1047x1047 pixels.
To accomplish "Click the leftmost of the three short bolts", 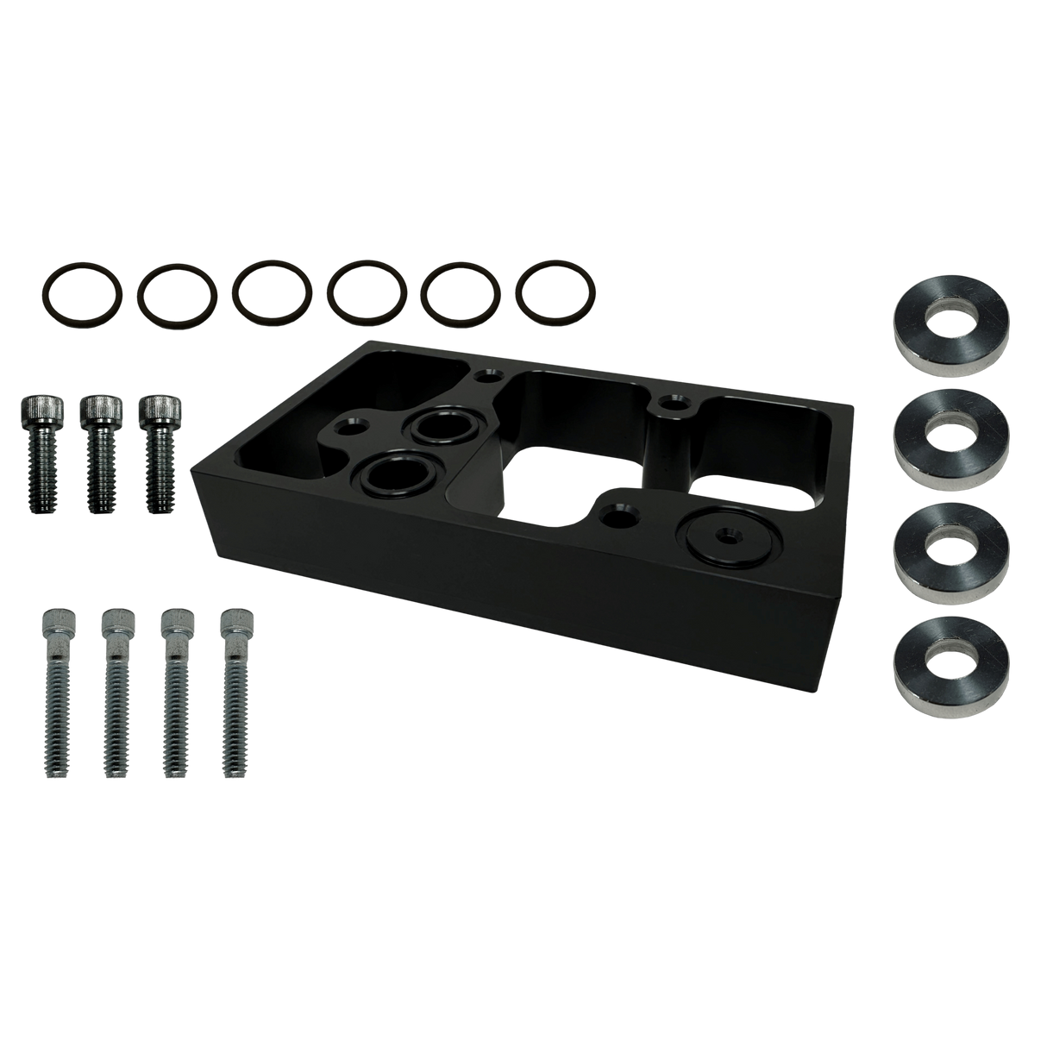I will point(42,453).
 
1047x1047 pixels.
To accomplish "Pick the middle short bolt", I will point(99,453).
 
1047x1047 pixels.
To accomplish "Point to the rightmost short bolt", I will point(158,453).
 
